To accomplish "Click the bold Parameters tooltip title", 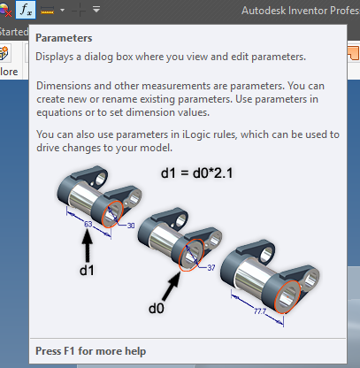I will click(x=64, y=39).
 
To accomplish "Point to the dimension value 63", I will click(x=88, y=225).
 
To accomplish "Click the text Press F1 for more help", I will click(x=91, y=350).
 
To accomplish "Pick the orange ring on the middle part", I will click(x=193, y=251).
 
